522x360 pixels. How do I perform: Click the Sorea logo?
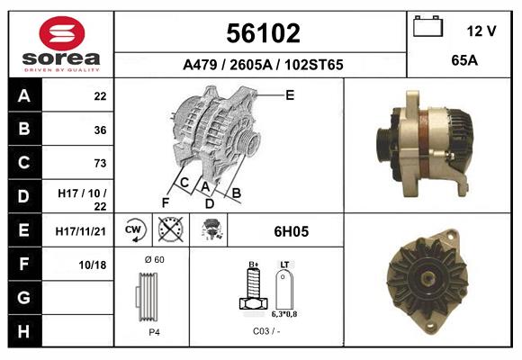tap(61, 44)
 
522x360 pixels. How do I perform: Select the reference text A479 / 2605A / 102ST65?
tap(262, 65)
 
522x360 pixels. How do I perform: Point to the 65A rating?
tap(463, 61)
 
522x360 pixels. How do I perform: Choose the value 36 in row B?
tap(100, 130)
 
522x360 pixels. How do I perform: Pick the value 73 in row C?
tap(100, 163)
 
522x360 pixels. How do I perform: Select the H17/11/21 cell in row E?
tap(82, 231)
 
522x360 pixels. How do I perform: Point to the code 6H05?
tap(291, 231)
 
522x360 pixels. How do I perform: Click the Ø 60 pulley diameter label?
tap(154, 260)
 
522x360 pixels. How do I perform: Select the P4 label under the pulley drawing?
tap(154, 332)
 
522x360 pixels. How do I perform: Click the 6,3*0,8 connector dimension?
tap(284, 315)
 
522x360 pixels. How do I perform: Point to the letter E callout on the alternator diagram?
tap(290, 94)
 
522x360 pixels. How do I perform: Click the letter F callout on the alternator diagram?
tap(166, 202)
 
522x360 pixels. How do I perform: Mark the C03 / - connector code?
tap(265, 332)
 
